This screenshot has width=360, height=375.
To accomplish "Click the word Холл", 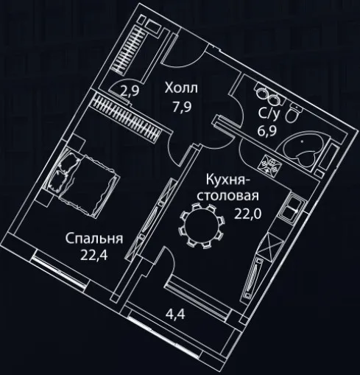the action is pos(181,88).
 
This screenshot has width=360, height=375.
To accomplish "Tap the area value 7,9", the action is pos(182,107).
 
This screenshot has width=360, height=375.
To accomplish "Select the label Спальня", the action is pos(94,238).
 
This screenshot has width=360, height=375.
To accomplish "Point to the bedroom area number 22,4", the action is pos(94,256).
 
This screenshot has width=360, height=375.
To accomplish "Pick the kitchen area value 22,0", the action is pos(248,214).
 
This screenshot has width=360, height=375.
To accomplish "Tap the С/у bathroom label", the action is pos(269,114).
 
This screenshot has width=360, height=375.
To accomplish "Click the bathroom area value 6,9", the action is pos(267,130).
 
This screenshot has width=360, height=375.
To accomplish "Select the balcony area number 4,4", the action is pos(175,315).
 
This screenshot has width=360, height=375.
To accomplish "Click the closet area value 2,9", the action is pos(130,91).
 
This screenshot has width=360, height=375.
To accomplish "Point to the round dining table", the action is pos(201,225).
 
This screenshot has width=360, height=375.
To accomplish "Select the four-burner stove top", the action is pos(269,164).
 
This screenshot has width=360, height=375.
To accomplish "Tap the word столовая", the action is pos(228,197).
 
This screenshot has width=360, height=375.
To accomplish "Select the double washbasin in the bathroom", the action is pos(269,95).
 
